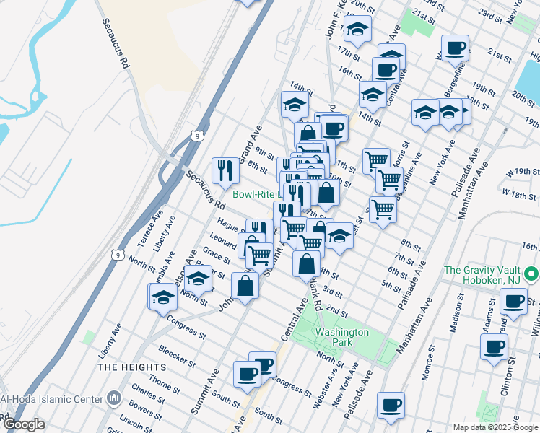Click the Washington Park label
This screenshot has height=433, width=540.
341,337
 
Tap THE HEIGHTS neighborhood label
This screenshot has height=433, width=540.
126,367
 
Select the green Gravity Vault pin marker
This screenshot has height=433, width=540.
532,275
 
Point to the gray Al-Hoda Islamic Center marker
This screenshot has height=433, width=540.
114,398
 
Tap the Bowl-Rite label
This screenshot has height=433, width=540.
256,194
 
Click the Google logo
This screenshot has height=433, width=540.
23,424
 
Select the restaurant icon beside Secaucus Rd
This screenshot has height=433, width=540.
225,170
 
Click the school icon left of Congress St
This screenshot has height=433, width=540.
163,297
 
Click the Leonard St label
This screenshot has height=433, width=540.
224,240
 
